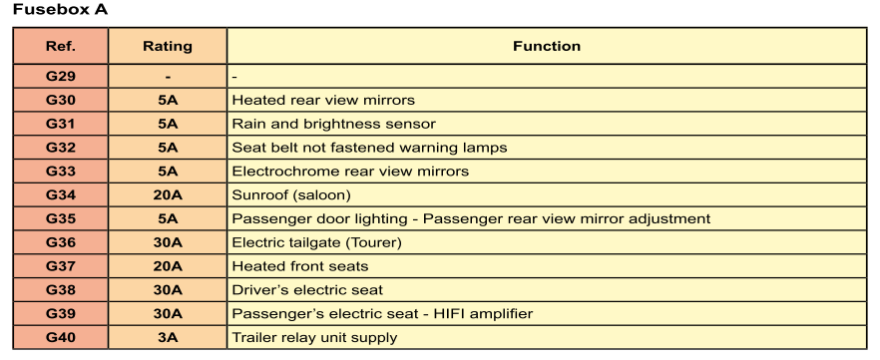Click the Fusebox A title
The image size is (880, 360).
tap(60, 10)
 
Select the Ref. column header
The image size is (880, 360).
tap(61, 46)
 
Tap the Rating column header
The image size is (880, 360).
tap(168, 46)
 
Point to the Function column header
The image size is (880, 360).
tap(547, 46)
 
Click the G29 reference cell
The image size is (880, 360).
tap(61, 76)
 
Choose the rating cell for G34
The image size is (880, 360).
tap(168, 195)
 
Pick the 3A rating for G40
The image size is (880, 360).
tap(168, 338)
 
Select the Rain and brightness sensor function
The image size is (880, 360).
tap(334, 124)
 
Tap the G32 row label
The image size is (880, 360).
tap(61, 148)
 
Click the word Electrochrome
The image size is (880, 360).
tap(276, 172)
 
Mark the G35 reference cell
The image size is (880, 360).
tap(61, 218)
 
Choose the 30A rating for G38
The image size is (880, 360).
tap(168, 290)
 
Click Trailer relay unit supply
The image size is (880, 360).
tap(315, 338)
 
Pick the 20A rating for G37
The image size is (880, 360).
tap(168, 266)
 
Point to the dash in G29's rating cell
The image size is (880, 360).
tap(168, 77)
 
